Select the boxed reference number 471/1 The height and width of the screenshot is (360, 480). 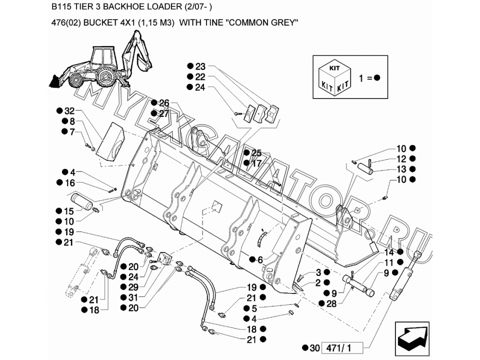point(340,348)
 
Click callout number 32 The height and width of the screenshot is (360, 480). point(69,111)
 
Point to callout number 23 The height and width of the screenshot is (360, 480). point(200,66)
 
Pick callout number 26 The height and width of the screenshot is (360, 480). point(163,103)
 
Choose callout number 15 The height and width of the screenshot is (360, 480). point(68,211)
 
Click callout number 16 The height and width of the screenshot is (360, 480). point(69,183)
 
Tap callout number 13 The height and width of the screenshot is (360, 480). point(402,169)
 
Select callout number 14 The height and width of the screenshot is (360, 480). point(389,252)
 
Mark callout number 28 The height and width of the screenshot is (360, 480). point(331,303)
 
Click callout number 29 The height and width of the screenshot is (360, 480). point(132,287)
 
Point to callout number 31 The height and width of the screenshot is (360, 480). point(132,297)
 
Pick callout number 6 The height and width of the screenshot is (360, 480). point(259,260)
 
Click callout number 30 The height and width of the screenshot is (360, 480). point(313,348)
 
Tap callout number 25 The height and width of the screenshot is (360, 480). point(256,153)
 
